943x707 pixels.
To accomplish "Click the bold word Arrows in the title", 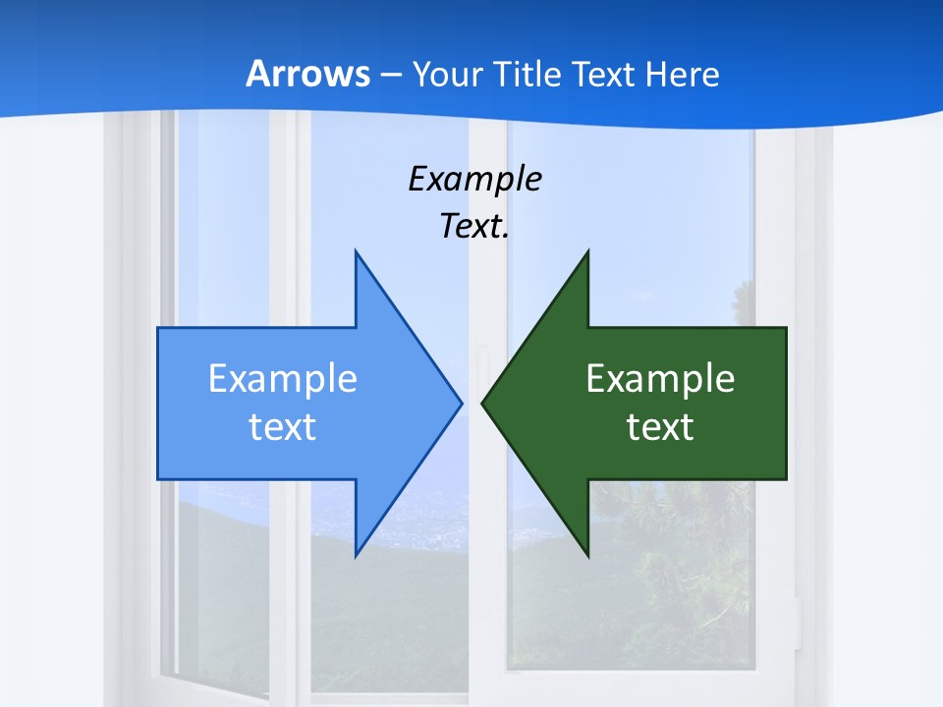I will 307,74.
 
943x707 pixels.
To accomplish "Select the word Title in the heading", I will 528,74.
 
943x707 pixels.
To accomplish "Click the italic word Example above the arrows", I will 474,179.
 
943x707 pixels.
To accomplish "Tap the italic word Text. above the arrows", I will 474,227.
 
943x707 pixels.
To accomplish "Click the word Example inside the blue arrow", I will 283,379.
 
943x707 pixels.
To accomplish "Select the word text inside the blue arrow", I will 283,427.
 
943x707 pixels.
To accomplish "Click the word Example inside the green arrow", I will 660,379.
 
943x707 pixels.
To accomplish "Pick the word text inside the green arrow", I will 660,427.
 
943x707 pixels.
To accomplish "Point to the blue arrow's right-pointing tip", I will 461,403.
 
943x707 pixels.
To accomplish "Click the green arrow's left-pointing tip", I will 482,403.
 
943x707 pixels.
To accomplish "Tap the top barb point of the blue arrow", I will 356,251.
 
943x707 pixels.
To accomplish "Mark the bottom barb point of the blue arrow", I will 356,556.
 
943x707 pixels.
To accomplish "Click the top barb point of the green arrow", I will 587,251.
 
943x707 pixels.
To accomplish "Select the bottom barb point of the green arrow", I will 587,556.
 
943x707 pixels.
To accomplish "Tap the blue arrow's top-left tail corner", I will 158,328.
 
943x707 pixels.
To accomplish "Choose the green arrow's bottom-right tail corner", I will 786,479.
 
